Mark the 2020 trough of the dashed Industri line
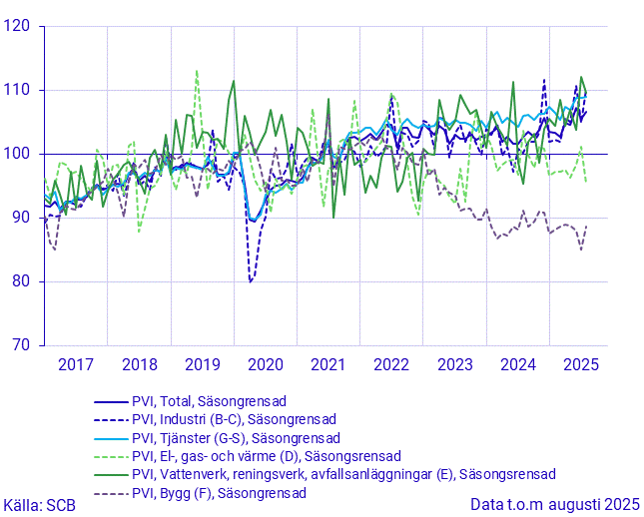pos(251,281)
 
